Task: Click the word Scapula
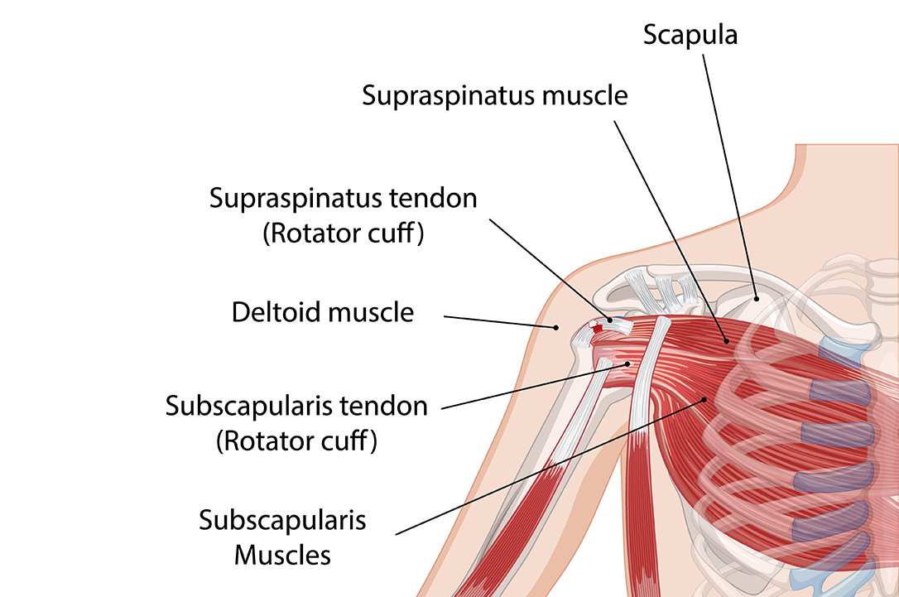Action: coord(690,35)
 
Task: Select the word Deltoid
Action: coord(277,313)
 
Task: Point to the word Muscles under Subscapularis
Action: coord(282,554)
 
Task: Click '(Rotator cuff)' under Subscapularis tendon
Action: coord(296,442)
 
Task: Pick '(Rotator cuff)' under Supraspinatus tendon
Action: coord(344,234)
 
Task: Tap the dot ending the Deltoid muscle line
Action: coord(556,327)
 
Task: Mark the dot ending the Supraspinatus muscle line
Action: coord(726,339)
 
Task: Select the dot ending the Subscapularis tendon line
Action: coord(627,363)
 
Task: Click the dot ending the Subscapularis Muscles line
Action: coord(705,399)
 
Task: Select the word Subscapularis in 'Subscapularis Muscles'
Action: coord(282,521)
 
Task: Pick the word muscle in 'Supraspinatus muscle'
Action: coord(586,96)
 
